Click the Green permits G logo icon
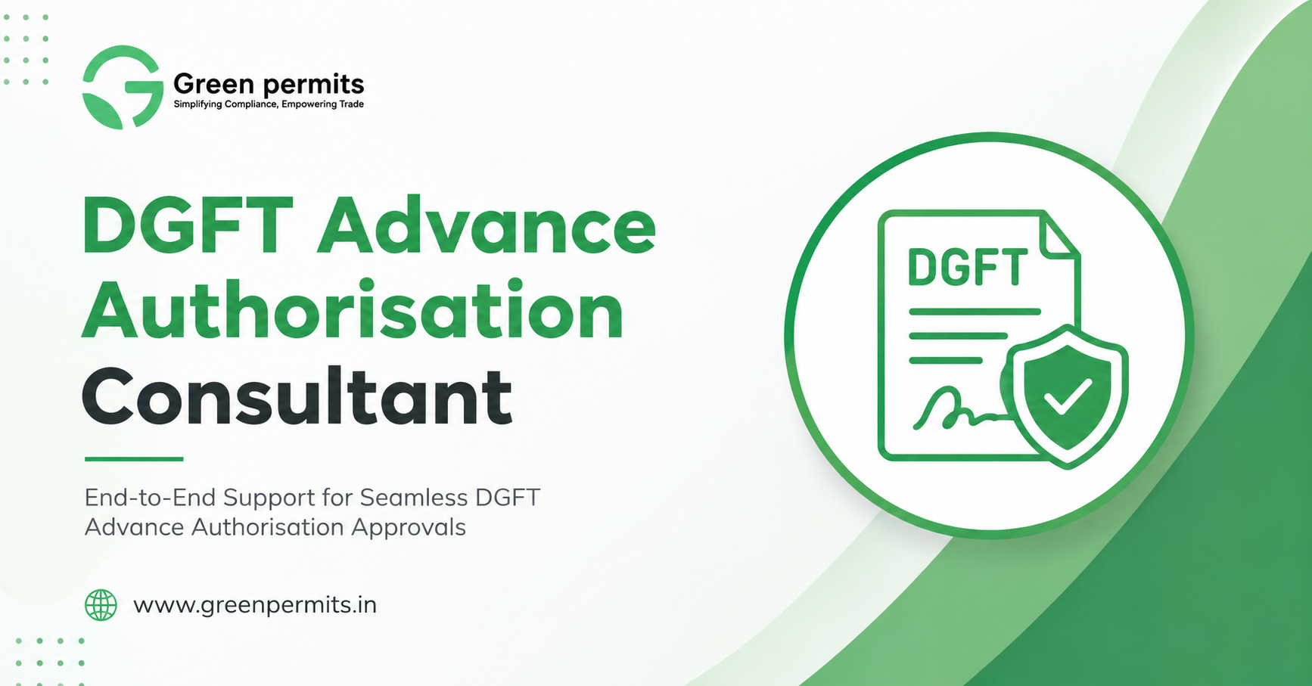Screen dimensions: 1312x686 123,87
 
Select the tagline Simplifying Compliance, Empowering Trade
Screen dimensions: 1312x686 269,104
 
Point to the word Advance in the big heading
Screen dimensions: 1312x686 487,225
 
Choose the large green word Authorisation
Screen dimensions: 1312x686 353,310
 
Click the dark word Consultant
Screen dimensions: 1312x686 297,396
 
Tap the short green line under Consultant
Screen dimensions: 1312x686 134,458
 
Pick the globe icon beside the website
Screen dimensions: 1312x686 101,605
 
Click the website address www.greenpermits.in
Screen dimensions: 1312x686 255,606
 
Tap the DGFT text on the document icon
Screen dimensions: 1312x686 968,268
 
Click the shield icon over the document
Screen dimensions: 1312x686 1067,396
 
